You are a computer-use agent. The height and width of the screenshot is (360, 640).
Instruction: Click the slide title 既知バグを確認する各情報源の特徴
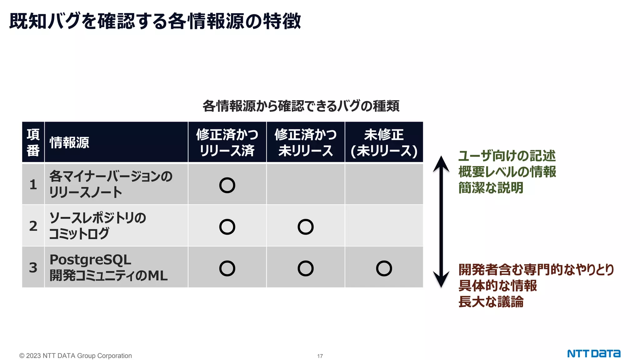pyautogui.click(x=155, y=21)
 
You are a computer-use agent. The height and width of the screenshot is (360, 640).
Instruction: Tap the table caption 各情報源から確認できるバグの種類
pyautogui.click(x=301, y=106)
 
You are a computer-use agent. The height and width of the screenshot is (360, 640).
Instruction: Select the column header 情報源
pyautogui.click(x=69, y=142)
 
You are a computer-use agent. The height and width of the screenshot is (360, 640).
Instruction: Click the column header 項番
pyautogui.click(x=33, y=142)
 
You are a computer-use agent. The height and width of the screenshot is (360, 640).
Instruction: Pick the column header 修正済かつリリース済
pyautogui.click(x=227, y=142)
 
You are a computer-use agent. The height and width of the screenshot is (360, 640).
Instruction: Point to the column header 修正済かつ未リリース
pyautogui.click(x=305, y=142)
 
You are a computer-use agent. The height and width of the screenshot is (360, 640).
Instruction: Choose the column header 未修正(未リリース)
pyautogui.click(x=384, y=142)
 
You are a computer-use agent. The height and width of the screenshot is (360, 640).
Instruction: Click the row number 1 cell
pyautogui.click(x=33, y=184)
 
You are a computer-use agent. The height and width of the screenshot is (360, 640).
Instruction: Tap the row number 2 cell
pyautogui.click(x=33, y=226)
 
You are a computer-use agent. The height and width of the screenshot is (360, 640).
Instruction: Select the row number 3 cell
pyautogui.click(x=33, y=267)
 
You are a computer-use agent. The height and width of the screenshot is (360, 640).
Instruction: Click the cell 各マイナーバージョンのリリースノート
pyautogui.click(x=111, y=184)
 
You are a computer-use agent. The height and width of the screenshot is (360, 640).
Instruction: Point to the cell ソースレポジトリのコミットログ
pyautogui.click(x=97, y=226)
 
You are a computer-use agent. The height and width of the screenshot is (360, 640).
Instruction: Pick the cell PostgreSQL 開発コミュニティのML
pyautogui.click(x=108, y=267)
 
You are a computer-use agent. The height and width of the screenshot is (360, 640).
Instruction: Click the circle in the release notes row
pyautogui.click(x=227, y=185)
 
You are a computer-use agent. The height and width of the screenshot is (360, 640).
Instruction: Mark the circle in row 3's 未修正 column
pyautogui.click(x=384, y=268)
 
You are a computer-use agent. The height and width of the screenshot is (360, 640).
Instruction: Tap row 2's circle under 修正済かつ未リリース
pyautogui.click(x=305, y=227)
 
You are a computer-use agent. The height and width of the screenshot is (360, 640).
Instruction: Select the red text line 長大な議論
pyautogui.click(x=491, y=302)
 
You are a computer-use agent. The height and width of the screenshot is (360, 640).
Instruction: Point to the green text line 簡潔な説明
pyautogui.click(x=491, y=188)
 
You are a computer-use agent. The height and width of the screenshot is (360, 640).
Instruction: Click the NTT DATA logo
pyautogui.click(x=594, y=354)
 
